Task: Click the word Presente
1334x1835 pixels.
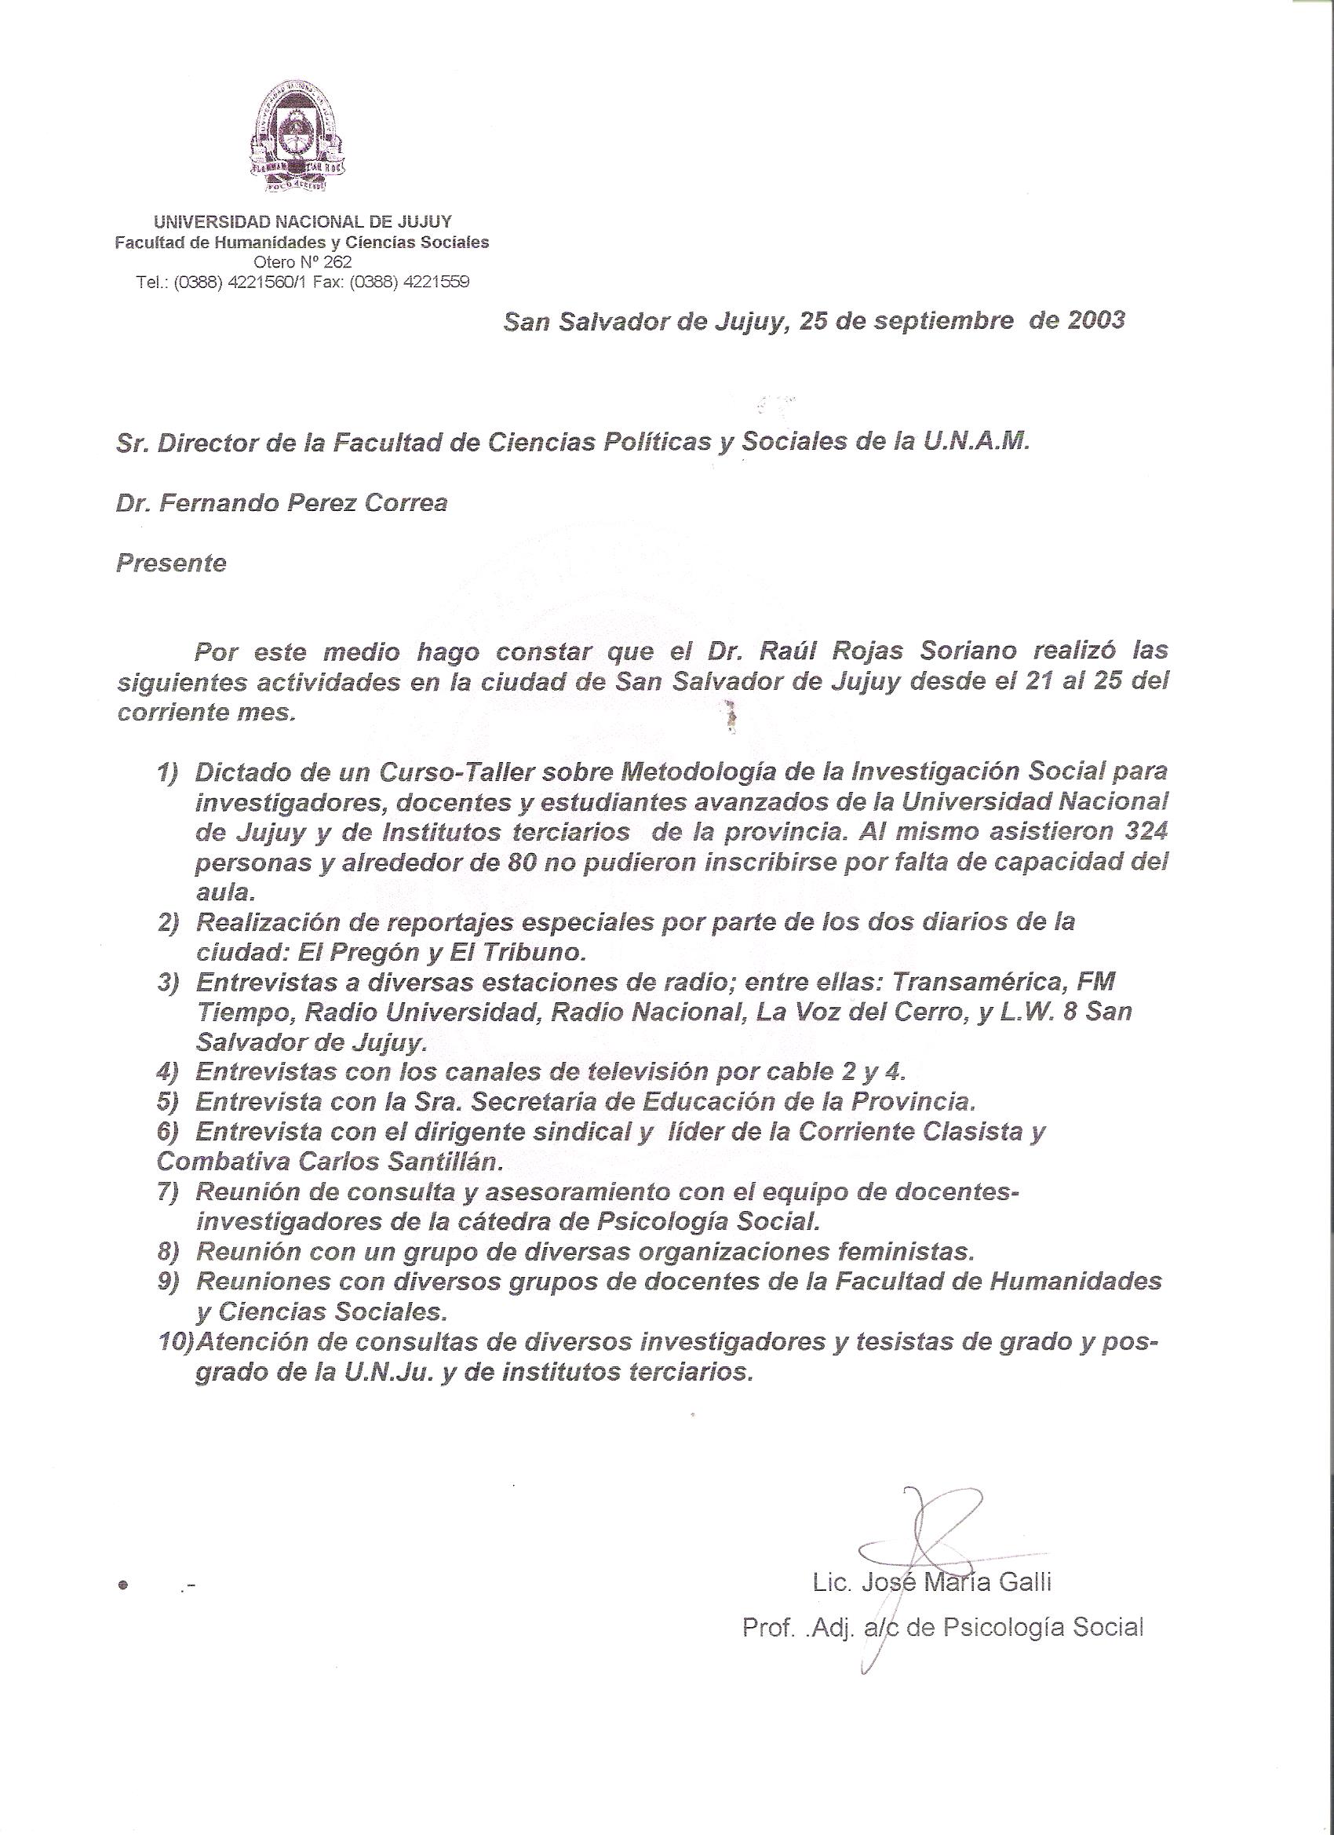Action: [171, 563]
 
